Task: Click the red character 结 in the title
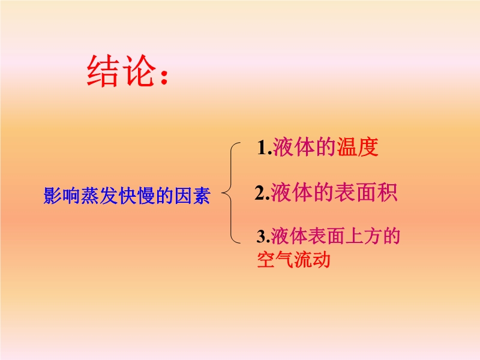point(103,71)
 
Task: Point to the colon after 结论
point(164,77)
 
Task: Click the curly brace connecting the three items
point(230,193)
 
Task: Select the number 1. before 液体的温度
point(265,148)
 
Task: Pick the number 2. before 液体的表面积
point(262,193)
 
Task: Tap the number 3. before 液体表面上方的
point(263,236)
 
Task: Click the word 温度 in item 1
point(358,147)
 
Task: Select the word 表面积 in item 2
point(365,193)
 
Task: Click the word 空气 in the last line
point(275,260)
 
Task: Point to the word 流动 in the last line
point(312,260)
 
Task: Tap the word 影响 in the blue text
point(62,196)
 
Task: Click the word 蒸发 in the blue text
point(100,196)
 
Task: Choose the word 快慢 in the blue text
point(137,196)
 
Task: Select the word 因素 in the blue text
point(193,196)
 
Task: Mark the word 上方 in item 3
point(363,236)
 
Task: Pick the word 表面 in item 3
point(326,236)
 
